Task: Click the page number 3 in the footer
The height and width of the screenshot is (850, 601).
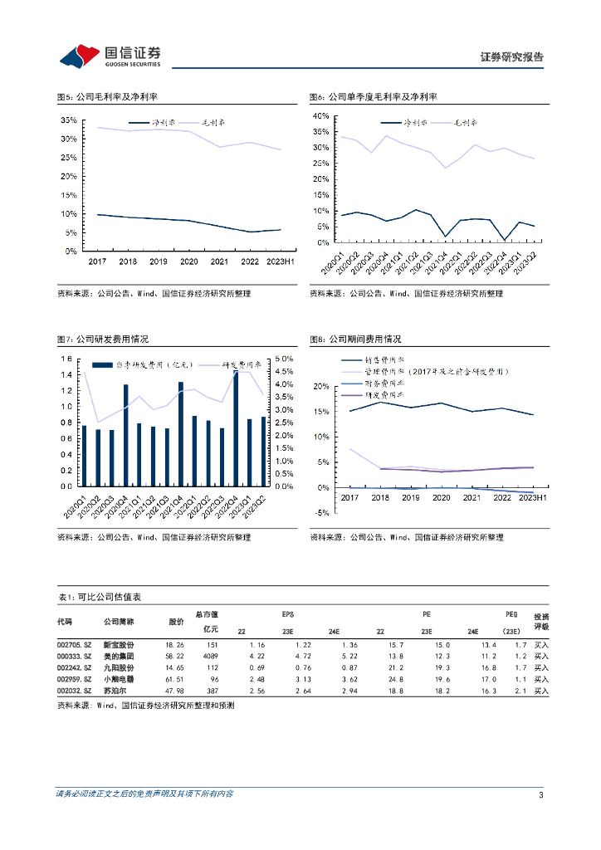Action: coord(541,795)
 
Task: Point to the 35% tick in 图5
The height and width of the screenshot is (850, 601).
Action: coord(69,120)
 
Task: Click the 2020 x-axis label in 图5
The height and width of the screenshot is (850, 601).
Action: coord(188,261)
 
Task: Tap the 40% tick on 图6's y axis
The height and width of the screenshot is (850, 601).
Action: coord(320,116)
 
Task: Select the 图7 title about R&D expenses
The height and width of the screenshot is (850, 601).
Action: coord(102,340)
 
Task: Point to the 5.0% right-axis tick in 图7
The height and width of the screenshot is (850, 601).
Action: coord(284,359)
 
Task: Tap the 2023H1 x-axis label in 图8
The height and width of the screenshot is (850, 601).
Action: coord(531,497)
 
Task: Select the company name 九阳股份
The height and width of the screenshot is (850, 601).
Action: coord(119,667)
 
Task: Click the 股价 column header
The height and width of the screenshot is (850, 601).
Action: coord(176,621)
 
